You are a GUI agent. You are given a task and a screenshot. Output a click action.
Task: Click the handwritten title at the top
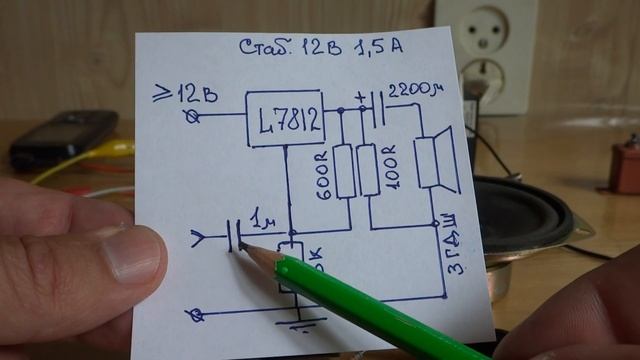click(x=323, y=47)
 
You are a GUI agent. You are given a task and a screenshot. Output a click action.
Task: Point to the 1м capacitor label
click(x=264, y=219)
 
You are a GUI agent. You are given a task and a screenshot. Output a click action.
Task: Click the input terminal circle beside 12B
click(x=195, y=117)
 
